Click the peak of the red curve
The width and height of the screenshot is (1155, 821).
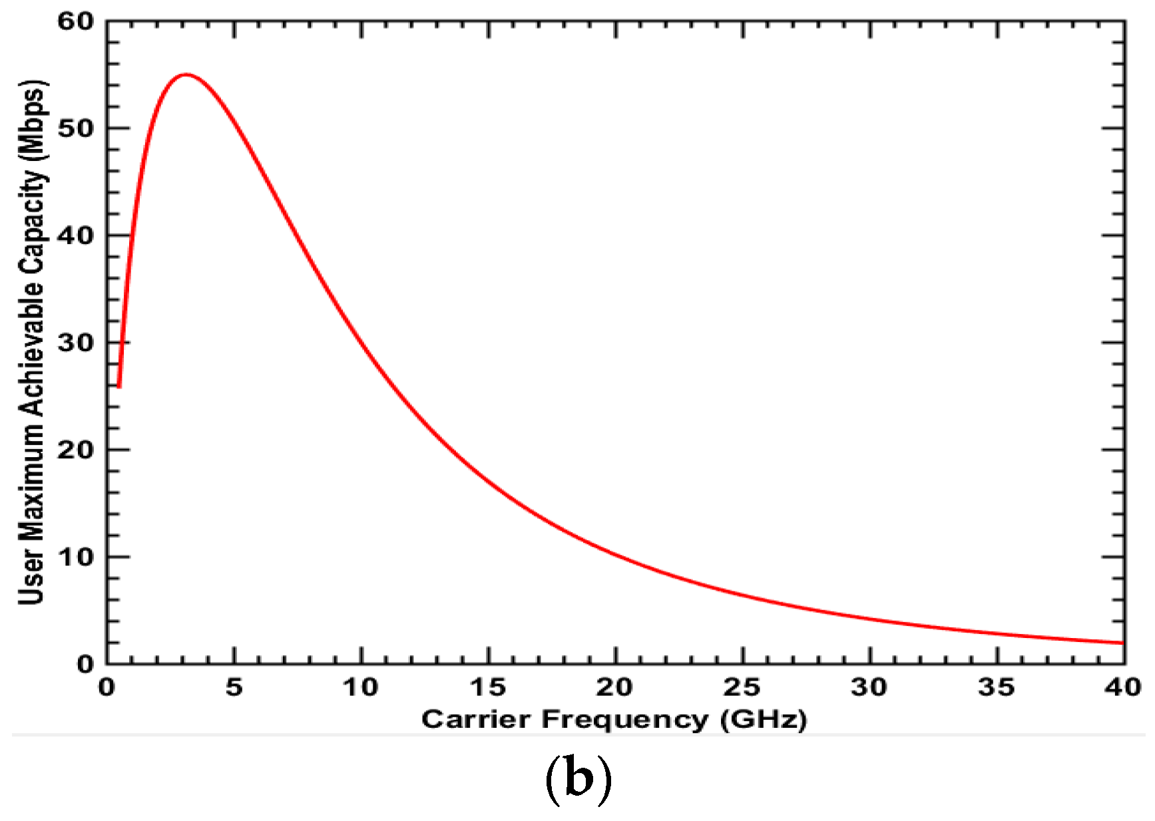click(186, 75)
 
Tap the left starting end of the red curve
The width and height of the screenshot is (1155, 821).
click(118, 386)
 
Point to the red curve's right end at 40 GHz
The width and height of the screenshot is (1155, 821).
click(1122, 643)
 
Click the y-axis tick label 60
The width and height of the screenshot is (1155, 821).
click(76, 21)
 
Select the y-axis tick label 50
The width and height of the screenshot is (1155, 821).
click(76, 128)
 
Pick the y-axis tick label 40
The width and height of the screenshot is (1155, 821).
click(76, 236)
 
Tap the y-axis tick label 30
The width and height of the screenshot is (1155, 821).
click(76, 343)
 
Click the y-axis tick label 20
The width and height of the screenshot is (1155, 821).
click(76, 450)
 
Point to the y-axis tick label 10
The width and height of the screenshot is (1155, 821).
click(76, 557)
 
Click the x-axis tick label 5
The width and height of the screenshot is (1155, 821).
click(234, 687)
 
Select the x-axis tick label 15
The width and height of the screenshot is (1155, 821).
click(488, 687)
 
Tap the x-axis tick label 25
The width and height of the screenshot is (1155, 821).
click(742, 687)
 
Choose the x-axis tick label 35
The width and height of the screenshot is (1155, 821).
click(997, 687)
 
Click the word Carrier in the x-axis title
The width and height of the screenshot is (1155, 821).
click(476, 719)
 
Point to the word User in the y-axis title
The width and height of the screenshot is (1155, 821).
click(32, 577)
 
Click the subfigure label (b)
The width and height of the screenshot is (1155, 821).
click(578, 779)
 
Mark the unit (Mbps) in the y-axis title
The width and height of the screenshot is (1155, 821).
click(32, 120)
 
